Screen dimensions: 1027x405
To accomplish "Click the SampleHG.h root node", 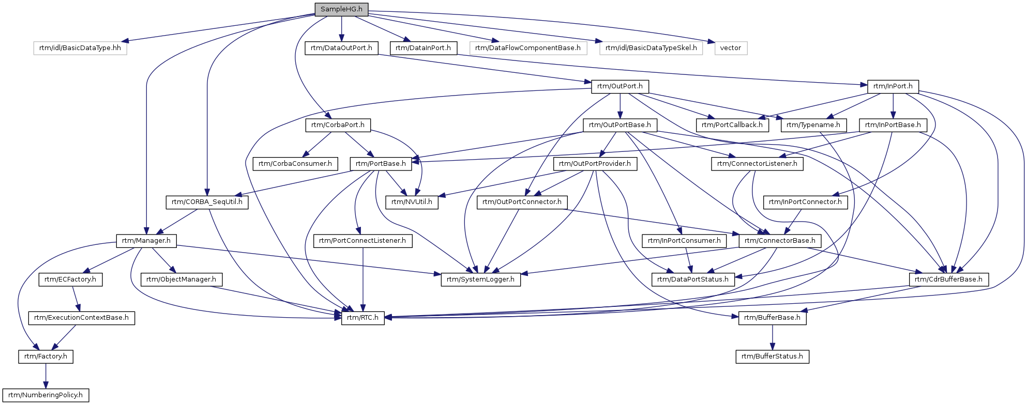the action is click(341, 9).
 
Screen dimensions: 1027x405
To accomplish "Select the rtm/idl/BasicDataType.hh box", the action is click(80, 48).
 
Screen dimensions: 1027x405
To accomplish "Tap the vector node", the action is click(731, 48).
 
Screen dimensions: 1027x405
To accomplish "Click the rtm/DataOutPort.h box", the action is click(341, 48).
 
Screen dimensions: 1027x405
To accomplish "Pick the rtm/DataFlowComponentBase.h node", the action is click(528, 48).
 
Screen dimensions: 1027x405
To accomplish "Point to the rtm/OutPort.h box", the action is click(620, 86).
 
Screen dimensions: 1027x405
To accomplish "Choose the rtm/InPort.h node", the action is click(893, 86).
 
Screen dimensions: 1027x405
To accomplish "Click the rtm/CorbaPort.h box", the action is click(338, 125).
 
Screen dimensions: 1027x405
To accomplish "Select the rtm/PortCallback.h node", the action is click(732, 125).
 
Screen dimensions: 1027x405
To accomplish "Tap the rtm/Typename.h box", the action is click(813, 125).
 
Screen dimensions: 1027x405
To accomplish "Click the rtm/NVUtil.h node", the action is click(412, 202).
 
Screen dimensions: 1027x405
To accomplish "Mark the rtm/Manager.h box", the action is click(146, 241).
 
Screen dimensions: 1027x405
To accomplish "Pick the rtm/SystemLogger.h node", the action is click(481, 279).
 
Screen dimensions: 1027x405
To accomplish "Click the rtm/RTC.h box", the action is click(363, 318).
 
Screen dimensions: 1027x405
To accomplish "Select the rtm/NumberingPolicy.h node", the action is click(46, 395).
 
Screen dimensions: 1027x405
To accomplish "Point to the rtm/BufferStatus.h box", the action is click(773, 356).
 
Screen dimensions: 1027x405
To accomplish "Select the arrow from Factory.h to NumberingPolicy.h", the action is click(46, 376).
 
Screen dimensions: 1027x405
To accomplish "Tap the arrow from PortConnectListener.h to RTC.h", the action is click(363, 279).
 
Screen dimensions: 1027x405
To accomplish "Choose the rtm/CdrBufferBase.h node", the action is click(949, 279).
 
